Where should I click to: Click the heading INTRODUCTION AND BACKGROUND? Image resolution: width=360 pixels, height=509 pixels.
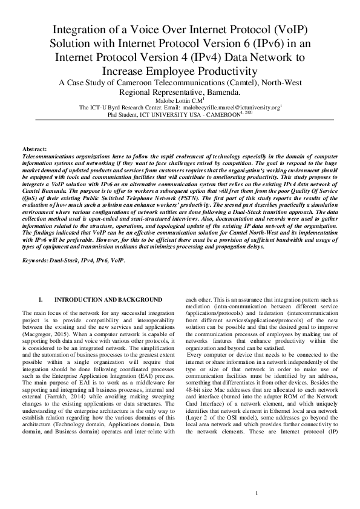point(108,300)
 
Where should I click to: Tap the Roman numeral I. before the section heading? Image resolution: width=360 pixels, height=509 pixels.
point(41,300)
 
